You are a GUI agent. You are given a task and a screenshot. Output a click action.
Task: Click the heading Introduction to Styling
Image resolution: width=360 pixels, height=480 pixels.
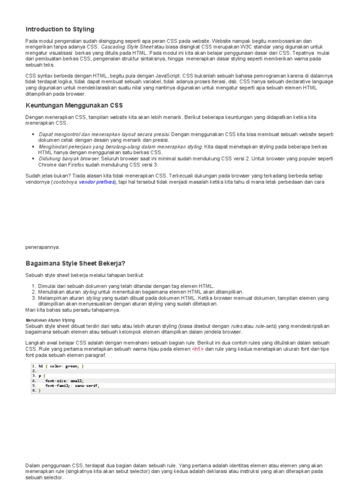pyautogui.click(x=60, y=29)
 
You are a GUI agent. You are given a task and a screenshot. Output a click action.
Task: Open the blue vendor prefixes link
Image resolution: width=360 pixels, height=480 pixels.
pyautogui.click(x=97, y=181)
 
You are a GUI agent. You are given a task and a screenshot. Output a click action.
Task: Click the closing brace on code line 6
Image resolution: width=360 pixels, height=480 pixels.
pyautogui.click(x=40, y=390)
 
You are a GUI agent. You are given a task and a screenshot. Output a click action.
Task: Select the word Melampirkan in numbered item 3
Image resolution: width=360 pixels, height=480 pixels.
pyautogui.click(x=52, y=298)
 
